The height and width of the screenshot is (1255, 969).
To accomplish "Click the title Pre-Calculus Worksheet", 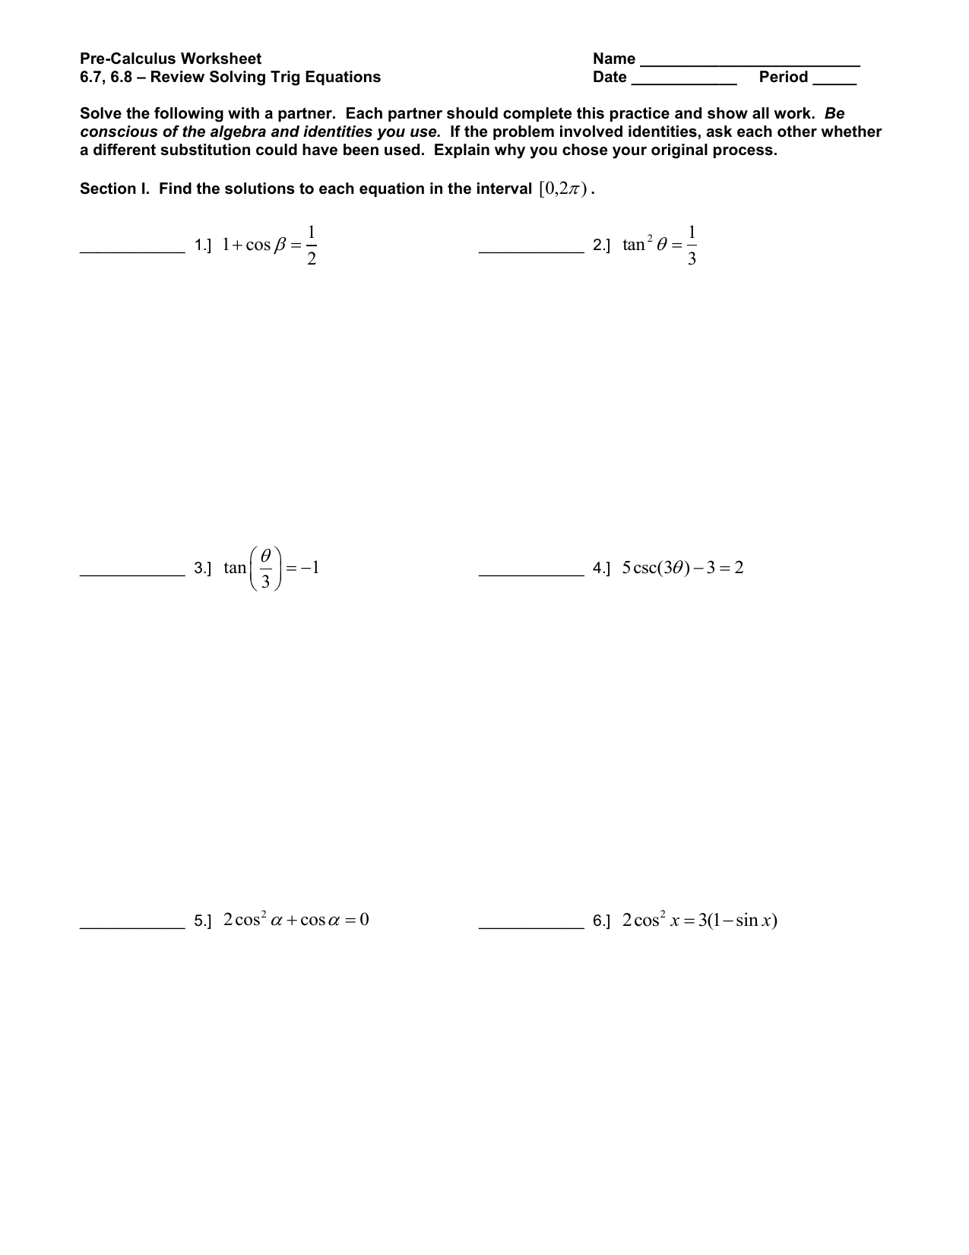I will (170, 59).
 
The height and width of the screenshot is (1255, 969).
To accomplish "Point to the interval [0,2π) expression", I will (562, 189).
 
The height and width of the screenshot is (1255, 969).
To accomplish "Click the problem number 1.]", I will (203, 246).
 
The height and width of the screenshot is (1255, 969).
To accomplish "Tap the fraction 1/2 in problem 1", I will (312, 246).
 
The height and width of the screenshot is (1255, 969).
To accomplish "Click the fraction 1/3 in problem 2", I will (691, 246).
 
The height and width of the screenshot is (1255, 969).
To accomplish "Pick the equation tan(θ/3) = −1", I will (271, 568).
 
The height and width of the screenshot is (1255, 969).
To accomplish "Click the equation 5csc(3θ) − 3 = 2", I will (682, 568).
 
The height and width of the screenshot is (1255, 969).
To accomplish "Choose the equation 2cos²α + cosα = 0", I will (296, 921).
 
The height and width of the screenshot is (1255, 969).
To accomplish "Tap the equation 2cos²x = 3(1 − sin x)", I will (699, 921).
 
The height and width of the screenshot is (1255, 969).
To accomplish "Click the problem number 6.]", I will (601, 922).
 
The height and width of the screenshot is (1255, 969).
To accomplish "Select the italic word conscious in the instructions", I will (116, 132).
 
